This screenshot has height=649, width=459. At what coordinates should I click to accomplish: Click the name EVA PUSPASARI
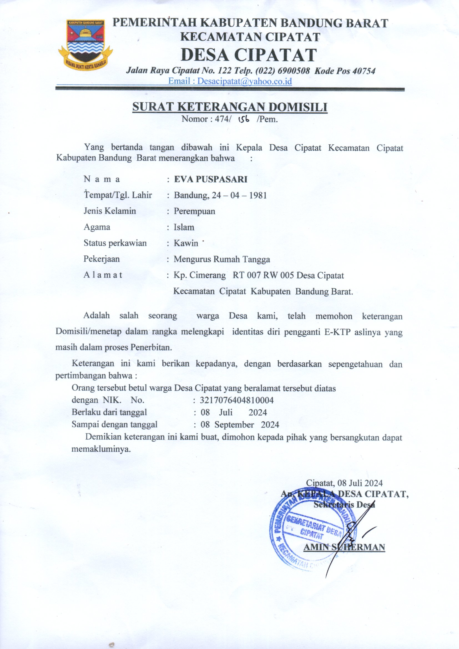coord(211,180)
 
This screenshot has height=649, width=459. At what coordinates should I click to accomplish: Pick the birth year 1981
coord(258,196)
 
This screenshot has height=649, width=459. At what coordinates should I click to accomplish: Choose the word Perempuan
coord(195,212)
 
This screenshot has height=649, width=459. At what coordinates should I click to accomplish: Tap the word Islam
coord(184,227)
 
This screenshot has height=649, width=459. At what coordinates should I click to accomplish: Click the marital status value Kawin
coord(186,243)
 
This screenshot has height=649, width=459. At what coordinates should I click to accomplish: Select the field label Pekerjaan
coord(102,259)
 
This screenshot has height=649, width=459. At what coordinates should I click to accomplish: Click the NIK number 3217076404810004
coord(236,401)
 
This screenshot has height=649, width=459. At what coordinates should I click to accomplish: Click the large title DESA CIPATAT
coord(248,55)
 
